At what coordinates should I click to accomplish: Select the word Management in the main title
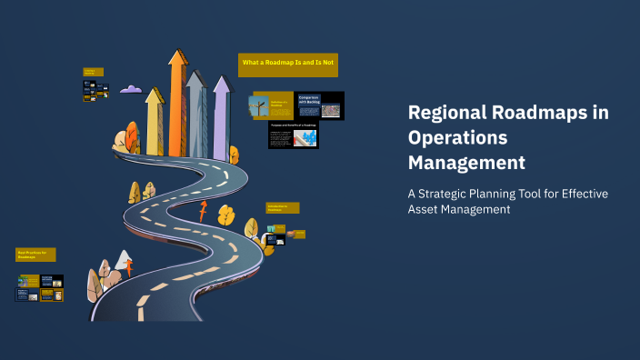[466, 164]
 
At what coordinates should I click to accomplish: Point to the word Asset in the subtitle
[425, 210]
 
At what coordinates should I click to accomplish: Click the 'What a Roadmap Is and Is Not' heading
[288, 62]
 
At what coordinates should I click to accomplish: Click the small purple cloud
[131, 89]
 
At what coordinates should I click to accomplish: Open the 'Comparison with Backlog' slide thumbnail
[320, 105]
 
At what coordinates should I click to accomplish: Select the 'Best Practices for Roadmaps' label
[36, 255]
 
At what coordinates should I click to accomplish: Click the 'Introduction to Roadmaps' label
[282, 208]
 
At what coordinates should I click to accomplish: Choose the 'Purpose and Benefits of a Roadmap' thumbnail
[293, 135]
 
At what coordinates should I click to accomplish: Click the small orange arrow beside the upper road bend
[202, 212]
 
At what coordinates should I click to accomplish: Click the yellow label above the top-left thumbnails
[94, 71]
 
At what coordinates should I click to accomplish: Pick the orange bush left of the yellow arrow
[120, 140]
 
